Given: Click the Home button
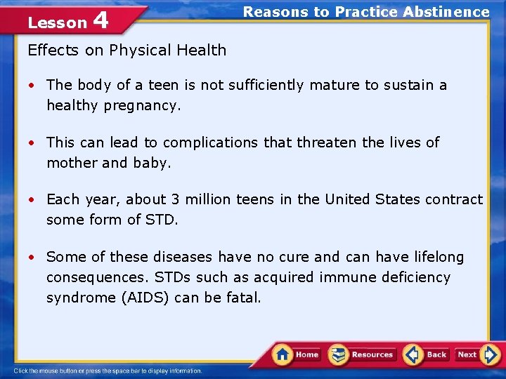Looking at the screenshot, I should point(297,354).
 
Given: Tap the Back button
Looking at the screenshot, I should point(426,354).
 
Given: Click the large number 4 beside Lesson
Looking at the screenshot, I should point(100,20).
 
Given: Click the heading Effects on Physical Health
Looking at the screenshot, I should point(126,51).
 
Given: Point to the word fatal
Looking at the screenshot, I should point(243,298).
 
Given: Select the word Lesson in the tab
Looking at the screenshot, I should point(56,23).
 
